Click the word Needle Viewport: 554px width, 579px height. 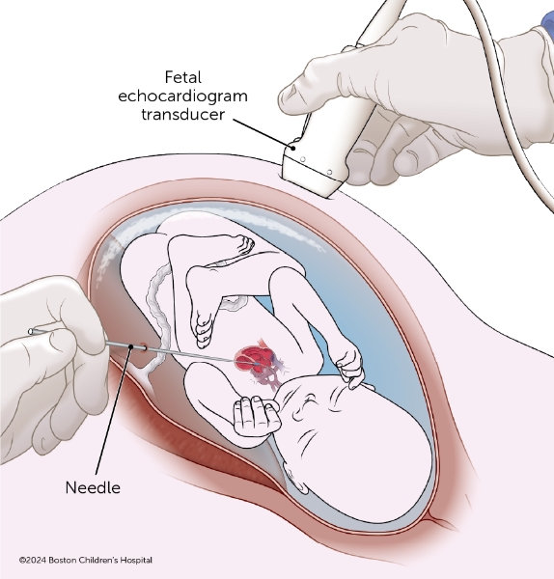coord(93,487)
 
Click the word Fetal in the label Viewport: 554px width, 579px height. coord(183,77)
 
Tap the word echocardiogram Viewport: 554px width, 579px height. coord(182,96)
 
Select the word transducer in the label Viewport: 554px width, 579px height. coord(182,114)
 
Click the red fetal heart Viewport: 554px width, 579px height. coord(254,358)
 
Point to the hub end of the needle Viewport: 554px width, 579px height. coord(31,331)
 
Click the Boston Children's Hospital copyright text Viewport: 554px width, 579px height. coord(86,560)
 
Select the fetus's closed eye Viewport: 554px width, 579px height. coord(309,400)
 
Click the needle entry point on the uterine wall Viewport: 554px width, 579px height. coord(143,347)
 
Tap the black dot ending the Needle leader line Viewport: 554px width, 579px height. coord(130,346)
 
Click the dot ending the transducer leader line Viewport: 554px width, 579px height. coord(293,149)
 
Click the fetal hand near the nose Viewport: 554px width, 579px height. coord(349,366)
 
